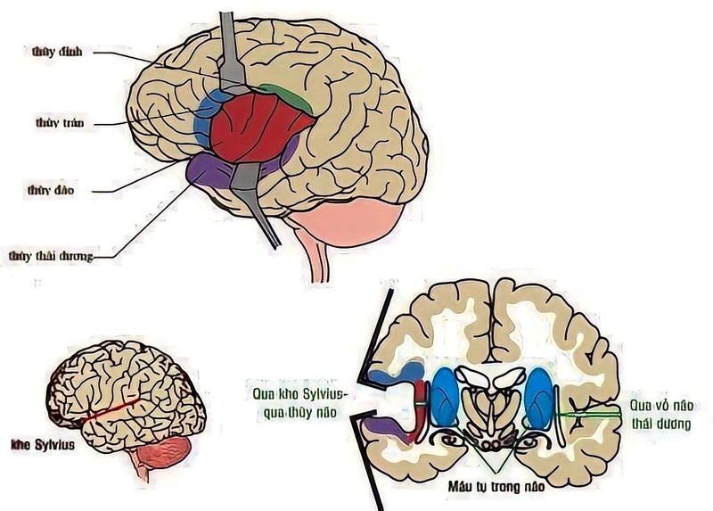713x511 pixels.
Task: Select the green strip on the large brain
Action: pos(287,97)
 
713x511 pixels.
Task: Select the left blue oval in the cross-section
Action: pos(443,399)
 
